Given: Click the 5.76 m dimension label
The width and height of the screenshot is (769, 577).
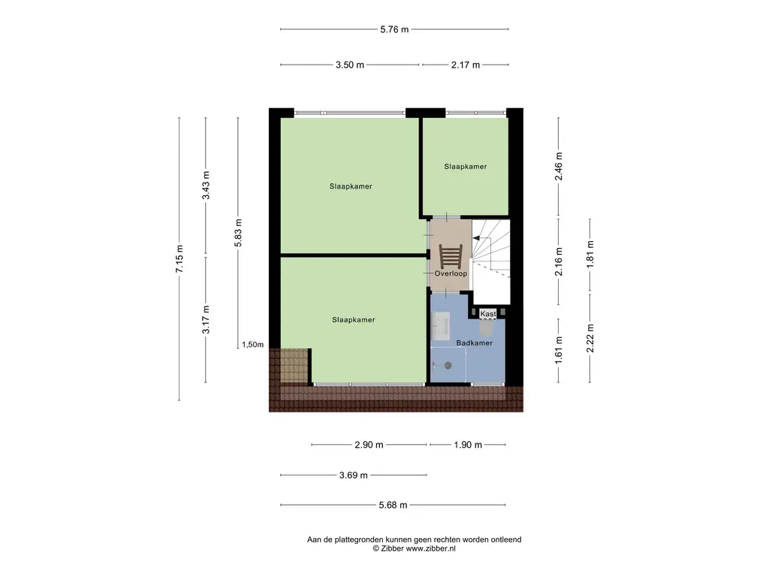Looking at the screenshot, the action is point(394,29).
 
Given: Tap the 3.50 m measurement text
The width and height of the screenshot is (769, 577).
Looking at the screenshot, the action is point(350,65).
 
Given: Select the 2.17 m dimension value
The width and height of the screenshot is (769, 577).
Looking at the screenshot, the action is point(466,65).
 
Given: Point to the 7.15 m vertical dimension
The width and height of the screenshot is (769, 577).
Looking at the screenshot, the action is point(179,258).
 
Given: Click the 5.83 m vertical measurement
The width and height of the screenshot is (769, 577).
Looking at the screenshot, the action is point(238,233).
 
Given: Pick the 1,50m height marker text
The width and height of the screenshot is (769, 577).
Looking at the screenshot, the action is point(252,344).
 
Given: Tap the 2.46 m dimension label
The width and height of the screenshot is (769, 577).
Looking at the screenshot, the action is point(559,166).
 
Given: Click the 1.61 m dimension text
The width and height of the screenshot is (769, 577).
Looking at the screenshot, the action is point(559,350).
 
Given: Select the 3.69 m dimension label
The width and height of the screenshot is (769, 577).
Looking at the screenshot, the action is point(353,476).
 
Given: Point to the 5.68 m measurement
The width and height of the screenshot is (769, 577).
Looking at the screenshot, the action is point(393,505).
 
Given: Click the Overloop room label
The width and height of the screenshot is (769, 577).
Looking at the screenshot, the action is point(451,273).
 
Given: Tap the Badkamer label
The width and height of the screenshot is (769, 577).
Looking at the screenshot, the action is point(475,343).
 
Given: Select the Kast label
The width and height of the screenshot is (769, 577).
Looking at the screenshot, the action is point(488,313).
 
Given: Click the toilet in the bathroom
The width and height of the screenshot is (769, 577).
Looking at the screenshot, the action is point(487,328).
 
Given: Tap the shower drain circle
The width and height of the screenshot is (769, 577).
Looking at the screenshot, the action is point(448,365).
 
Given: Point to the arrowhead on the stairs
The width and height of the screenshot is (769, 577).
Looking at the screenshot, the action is point(475,238).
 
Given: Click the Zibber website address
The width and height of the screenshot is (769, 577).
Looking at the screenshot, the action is point(430,549).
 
